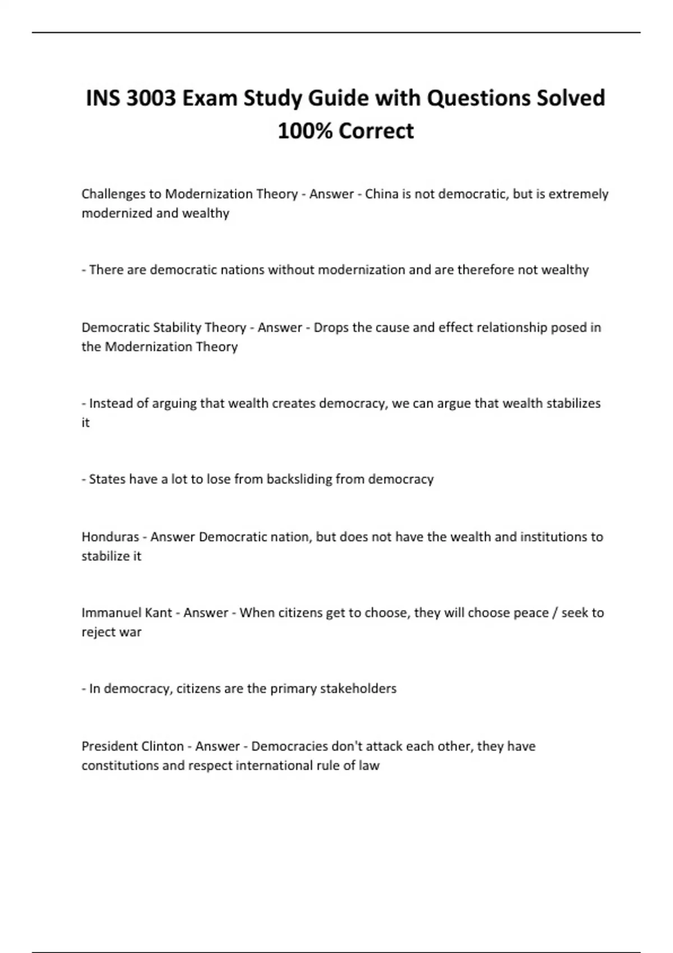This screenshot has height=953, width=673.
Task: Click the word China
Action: [381, 194]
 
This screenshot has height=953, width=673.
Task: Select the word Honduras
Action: [110, 537]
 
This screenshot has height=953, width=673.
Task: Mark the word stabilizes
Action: [573, 404]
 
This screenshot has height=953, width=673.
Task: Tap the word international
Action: [274, 766]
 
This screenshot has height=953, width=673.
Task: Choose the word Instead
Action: [110, 404]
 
